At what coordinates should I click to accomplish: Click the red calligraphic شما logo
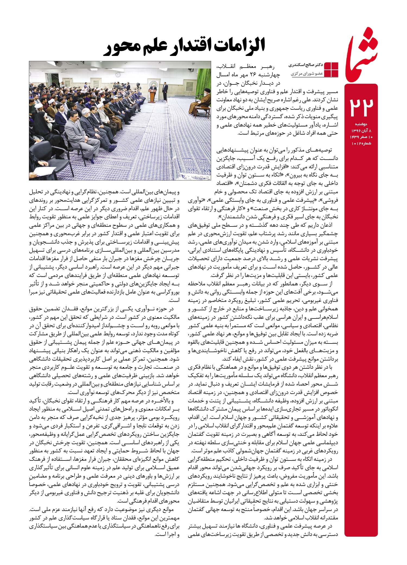(x=363, y=52)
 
